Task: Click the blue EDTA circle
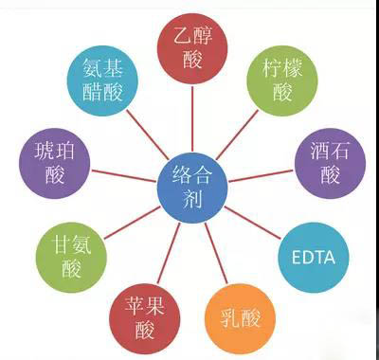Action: click(x=315, y=257)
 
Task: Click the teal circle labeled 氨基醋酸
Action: click(x=101, y=80)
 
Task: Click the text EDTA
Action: click(x=315, y=257)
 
